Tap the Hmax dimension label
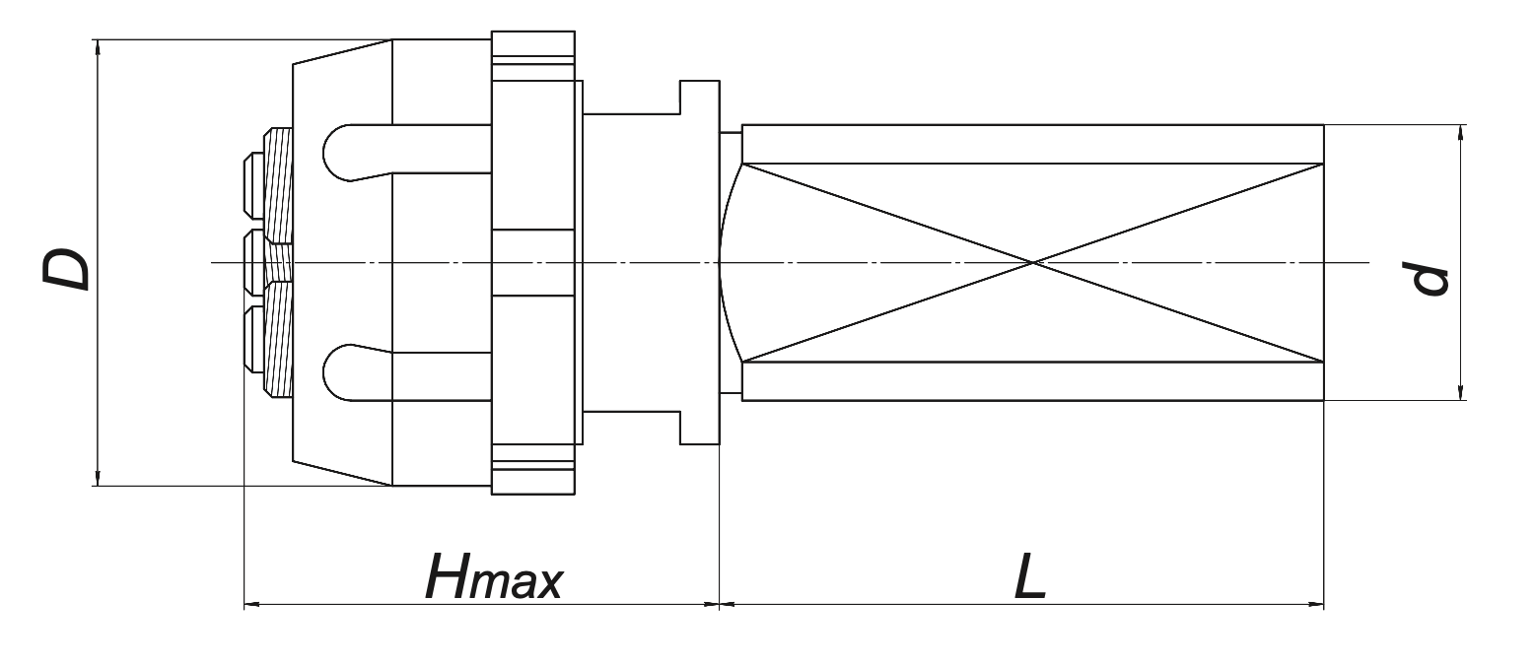(493, 576)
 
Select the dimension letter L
(1029, 576)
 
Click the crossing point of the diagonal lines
(1033, 263)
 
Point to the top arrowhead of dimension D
(97, 45)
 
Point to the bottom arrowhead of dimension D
(97, 480)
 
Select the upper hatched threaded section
(279, 187)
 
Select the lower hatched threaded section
(279, 340)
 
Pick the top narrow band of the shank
(1032, 144)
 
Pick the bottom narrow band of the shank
(1032, 381)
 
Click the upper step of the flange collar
(699, 99)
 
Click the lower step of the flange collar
(699, 426)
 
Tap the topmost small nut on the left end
(252, 183)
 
